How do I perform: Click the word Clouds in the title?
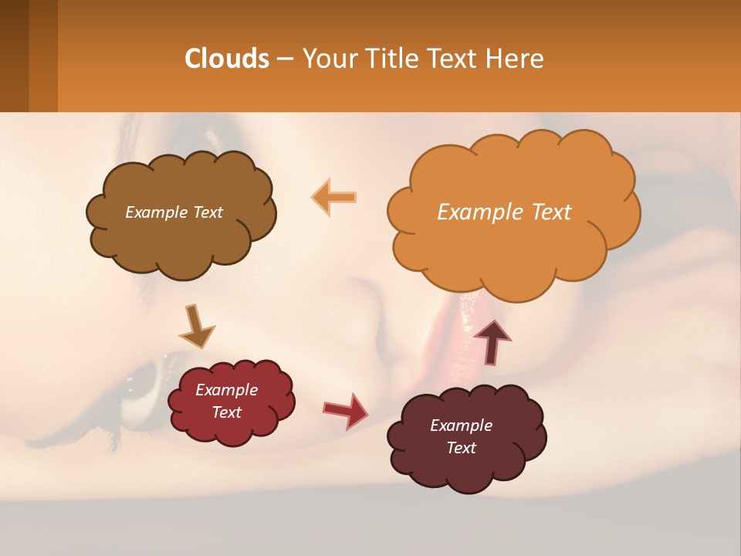pyautogui.click(x=226, y=59)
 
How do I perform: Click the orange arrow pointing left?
pyautogui.click(x=334, y=197)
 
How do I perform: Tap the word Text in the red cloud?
pyautogui.click(x=226, y=412)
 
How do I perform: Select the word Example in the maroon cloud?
pyautogui.click(x=461, y=425)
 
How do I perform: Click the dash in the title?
pyautogui.click(x=284, y=59)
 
